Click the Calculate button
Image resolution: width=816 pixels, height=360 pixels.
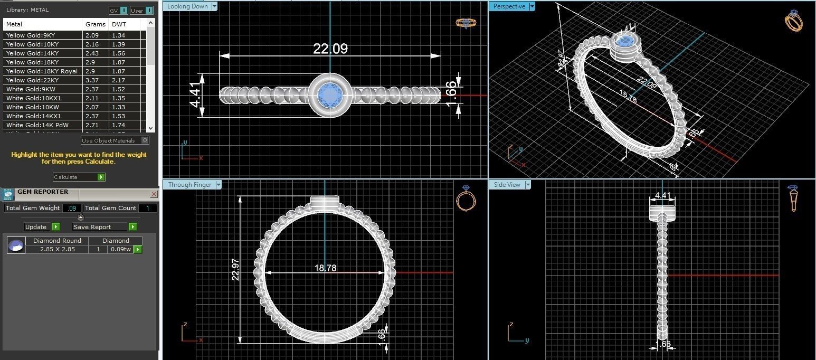tap(79, 177)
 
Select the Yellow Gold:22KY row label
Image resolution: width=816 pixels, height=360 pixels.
tap(32, 80)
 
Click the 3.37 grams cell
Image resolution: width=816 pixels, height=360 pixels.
tap(92, 80)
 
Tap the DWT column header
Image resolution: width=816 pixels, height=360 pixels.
tap(116, 24)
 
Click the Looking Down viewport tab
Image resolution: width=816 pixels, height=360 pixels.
tap(188, 6)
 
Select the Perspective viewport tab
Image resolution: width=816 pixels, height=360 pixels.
tap(509, 6)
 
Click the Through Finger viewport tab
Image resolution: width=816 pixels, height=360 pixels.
tap(189, 185)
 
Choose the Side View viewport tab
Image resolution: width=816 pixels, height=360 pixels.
tap(507, 185)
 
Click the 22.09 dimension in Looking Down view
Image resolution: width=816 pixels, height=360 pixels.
tap(330, 49)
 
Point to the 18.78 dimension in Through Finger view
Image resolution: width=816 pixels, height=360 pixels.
tap(325, 268)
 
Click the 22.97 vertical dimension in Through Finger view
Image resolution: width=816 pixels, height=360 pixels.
tap(236, 269)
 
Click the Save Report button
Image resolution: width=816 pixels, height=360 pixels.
tap(104, 227)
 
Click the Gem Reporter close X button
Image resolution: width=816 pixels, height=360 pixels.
tap(154, 194)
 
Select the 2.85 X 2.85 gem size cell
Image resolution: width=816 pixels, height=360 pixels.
tap(57, 249)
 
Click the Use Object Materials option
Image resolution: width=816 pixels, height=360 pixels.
tap(115, 140)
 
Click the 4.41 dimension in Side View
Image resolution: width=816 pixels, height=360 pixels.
tap(662, 196)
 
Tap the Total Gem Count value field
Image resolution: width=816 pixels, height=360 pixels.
tap(147, 208)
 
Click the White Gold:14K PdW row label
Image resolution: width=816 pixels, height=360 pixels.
tap(37, 125)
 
